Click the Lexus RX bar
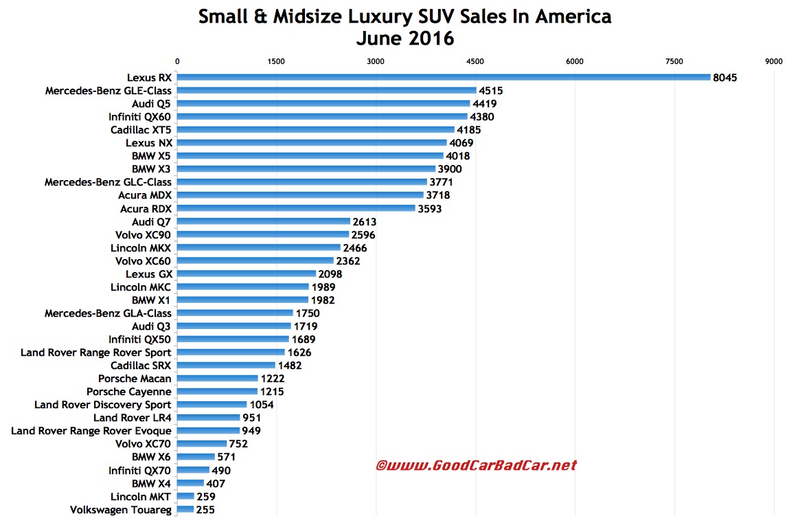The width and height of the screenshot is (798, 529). coord(444,77)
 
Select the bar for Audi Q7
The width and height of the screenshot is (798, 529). coord(264,221)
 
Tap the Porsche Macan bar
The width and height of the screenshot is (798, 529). coord(218,379)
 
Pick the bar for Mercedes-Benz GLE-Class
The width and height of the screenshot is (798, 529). coord(327,90)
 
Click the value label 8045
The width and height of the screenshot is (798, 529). coord(725,78)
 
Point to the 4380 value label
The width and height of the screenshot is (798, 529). coord(483,117)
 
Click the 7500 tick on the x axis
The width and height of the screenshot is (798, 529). coord(674,61)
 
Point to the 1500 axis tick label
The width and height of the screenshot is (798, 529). coord(277,61)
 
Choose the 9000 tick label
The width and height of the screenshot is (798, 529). coord(773,61)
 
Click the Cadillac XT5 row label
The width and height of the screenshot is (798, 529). coord(141,130)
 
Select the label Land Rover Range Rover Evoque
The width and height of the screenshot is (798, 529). coord(91,431)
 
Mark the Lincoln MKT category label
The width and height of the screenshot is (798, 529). coord(141,496)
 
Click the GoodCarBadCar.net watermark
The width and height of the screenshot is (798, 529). coord(476,466)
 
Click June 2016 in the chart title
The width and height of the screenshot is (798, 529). coord(404,38)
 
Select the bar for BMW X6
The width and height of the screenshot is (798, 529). coord(196,457)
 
